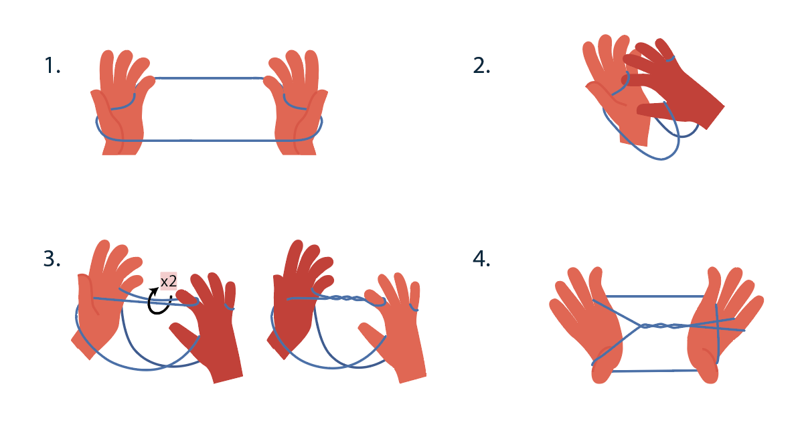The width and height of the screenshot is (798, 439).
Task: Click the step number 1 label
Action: point(52,66)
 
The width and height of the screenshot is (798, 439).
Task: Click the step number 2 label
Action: point(481,66)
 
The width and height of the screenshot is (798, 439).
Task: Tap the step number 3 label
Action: point(52,258)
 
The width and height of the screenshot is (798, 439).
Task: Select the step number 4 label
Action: point(481,258)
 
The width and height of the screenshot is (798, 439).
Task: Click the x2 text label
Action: point(169,281)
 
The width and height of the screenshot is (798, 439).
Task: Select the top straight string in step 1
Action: point(209,78)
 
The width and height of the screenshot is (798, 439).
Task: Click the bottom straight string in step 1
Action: point(209,140)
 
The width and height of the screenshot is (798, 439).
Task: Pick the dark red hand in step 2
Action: point(671,84)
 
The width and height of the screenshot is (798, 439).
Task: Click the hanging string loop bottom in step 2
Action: point(661,159)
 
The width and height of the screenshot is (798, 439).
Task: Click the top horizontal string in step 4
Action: point(655,296)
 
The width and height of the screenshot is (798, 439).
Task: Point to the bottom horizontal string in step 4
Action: point(655,371)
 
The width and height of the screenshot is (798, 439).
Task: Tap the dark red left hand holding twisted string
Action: point(298,300)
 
